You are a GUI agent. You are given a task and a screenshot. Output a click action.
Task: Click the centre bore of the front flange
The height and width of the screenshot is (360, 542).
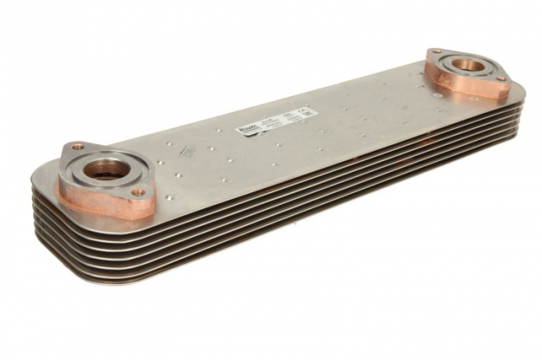(x=103, y=169)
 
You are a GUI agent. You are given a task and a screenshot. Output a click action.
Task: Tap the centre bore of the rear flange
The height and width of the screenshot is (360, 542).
(x=467, y=65)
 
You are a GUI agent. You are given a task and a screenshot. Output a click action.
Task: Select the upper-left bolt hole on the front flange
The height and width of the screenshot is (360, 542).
(x=77, y=146)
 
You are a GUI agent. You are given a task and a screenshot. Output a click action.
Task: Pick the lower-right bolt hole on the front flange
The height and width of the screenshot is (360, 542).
(x=137, y=191)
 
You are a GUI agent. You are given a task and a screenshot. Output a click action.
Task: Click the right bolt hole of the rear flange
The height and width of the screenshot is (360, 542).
(x=499, y=78)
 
